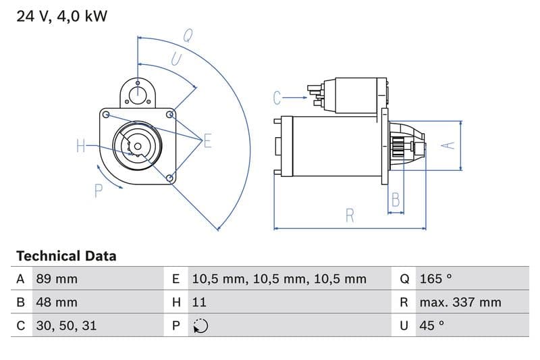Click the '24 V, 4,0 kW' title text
pyautogui.click(x=61, y=17)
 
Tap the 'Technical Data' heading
pyautogui.click(x=66, y=256)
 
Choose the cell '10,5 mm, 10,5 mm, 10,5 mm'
pyautogui.click(x=279, y=279)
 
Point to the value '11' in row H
pyautogui.click(x=200, y=302)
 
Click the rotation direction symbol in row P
pyautogui.click(x=200, y=326)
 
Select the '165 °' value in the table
pyautogui.click(x=435, y=279)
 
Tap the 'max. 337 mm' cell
pyautogui.click(x=460, y=302)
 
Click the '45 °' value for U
pyautogui.click(x=432, y=326)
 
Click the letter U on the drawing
pyautogui.click(x=175, y=59)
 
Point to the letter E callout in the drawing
pyautogui.click(x=207, y=141)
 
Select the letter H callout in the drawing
pyautogui.click(x=81, y=145)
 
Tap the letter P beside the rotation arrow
pyautogui.click(x=99, y=191)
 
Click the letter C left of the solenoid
pyautogui.click(x=277, y=99)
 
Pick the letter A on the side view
pyautogui.click(x=446, y=145)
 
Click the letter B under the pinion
pyautogui.click(x=396, y=200)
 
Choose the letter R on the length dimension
pyautogui.click(x=350, y=216)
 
